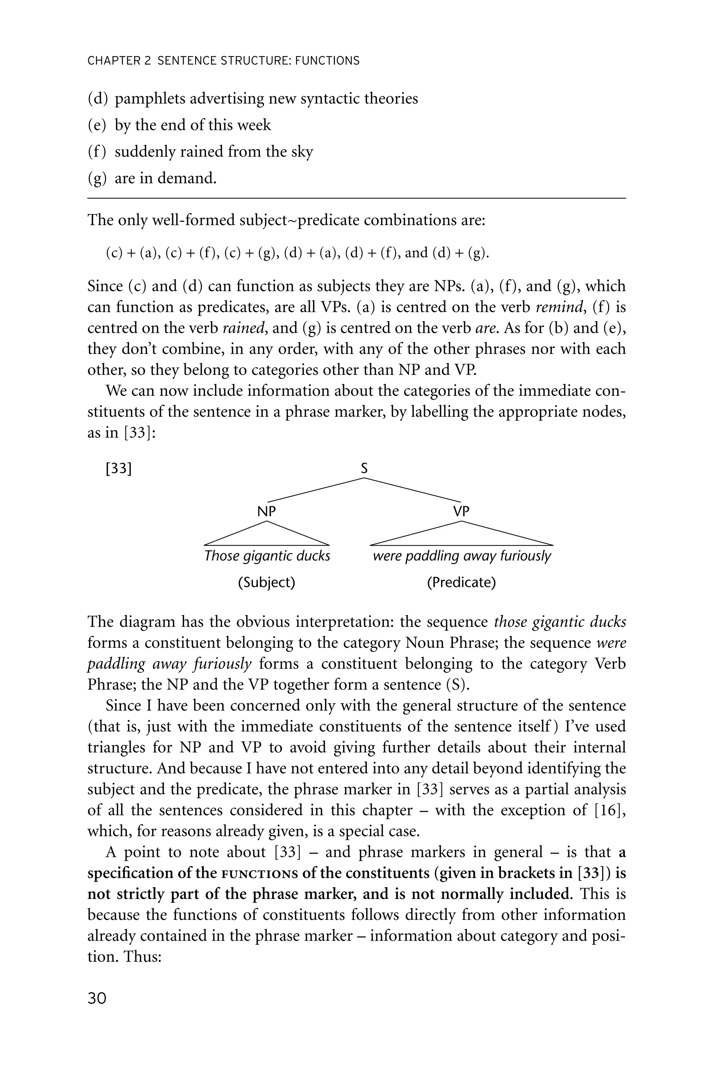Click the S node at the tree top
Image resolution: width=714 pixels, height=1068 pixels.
click(364, 469)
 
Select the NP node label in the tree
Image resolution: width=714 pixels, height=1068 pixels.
click(266, 512)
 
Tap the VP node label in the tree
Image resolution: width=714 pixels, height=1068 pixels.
click(461, 512)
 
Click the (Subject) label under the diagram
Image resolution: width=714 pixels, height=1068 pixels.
click(266, 583)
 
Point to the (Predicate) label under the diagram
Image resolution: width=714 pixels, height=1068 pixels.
click(461, 583)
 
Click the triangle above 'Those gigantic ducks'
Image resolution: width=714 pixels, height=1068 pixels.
click(266, 536)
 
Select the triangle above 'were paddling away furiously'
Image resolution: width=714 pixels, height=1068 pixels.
click(461, 536)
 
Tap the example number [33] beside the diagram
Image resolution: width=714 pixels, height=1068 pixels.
click(119, 469)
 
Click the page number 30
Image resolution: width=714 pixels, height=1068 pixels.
click(97, 998)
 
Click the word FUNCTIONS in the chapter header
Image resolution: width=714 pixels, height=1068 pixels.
click(327, 61)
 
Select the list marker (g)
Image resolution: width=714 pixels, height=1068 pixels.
click(96, 178)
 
